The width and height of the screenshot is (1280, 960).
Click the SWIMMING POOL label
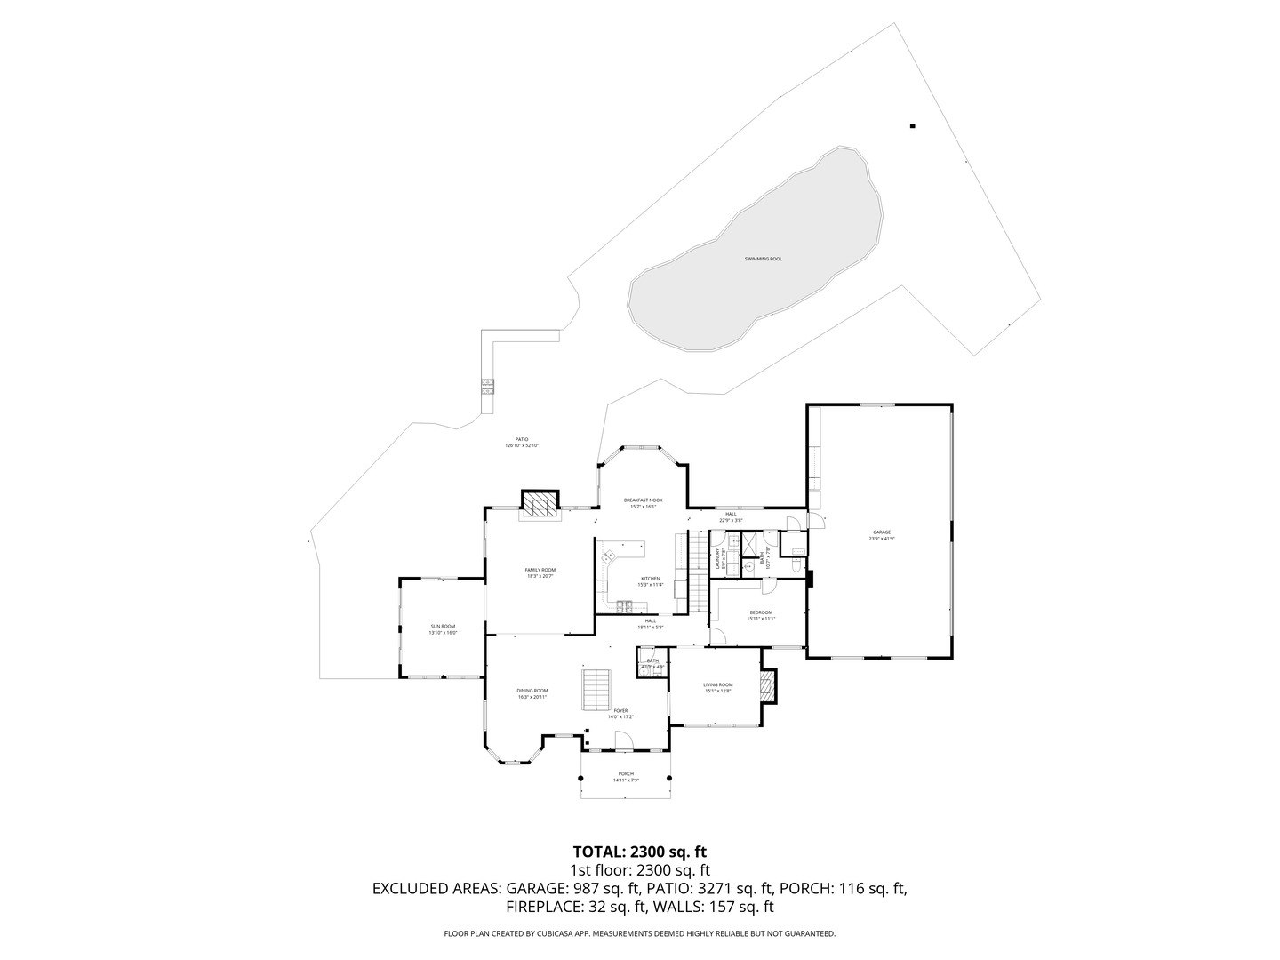pos(764,259)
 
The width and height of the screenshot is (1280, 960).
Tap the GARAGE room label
pos(881,532)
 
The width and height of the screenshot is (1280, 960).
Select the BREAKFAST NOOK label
pos(643,500)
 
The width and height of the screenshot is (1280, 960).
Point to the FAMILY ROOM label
pos(540,570)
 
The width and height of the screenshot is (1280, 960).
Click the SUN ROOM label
pos(442,627)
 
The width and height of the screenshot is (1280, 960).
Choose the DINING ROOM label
pos(532,691)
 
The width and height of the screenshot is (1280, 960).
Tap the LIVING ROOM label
pos(717,684)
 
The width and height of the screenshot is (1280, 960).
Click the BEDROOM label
pos(761,612)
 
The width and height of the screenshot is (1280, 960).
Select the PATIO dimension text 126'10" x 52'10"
pos(522,445)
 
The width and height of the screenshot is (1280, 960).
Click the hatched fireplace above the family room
pos(538,505)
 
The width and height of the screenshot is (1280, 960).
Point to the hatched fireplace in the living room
pos(769,684)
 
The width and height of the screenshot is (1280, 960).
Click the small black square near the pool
pos(912,126)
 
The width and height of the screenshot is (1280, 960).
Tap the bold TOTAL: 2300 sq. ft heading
pos(639,851)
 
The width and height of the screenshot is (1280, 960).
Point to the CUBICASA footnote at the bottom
pos(639,934)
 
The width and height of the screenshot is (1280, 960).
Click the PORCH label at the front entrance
pos(626,773)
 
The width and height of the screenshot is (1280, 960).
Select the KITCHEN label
pos(651,579)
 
